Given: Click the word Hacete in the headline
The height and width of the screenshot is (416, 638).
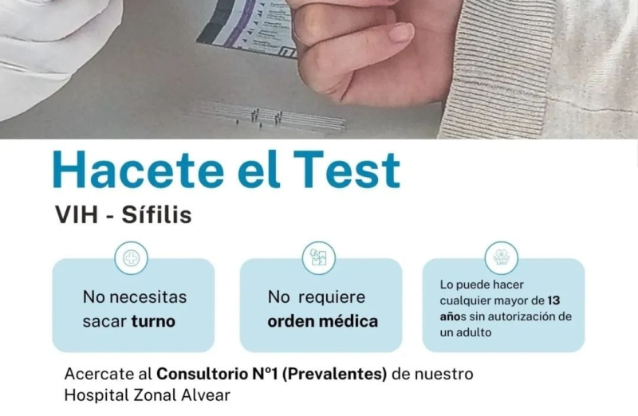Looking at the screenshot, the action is click(138, 170).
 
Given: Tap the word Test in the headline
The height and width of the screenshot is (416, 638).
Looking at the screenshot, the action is click(347, 170).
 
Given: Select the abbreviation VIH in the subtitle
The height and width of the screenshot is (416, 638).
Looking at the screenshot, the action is click(77, 215).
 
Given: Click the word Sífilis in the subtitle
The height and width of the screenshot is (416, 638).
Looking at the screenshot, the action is click(156, 214).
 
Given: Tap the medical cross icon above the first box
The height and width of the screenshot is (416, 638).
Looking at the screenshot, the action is click(131, 258).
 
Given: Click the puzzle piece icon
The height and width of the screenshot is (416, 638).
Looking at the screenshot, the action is click(318, 258).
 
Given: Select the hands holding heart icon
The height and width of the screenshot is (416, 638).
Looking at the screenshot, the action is click(502, 258).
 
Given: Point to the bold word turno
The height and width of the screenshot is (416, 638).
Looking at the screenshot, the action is click(153, 322).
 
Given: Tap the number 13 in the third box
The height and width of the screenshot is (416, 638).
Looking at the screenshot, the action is click(553, 300).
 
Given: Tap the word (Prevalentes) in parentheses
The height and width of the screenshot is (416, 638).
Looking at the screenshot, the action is click(334, 374).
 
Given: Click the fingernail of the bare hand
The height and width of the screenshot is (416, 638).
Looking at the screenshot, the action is click(401, 33).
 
